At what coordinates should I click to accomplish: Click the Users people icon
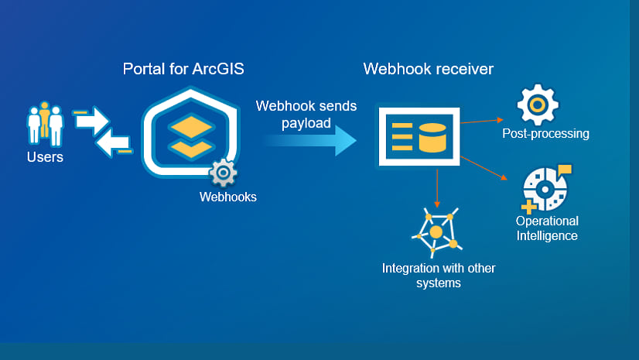45,123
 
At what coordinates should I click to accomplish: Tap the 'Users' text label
45,157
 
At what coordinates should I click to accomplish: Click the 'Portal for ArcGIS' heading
183,69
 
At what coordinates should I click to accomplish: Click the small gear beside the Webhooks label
223,172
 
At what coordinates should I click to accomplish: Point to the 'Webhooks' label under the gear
227,197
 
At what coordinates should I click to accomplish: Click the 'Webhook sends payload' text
306,114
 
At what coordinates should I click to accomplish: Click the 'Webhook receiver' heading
429,69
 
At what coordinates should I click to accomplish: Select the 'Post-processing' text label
545,133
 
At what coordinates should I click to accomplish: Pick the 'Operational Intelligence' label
546,228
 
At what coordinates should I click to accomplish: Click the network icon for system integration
439,231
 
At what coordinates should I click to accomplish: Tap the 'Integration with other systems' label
439,276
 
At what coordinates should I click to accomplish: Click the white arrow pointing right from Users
92,121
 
